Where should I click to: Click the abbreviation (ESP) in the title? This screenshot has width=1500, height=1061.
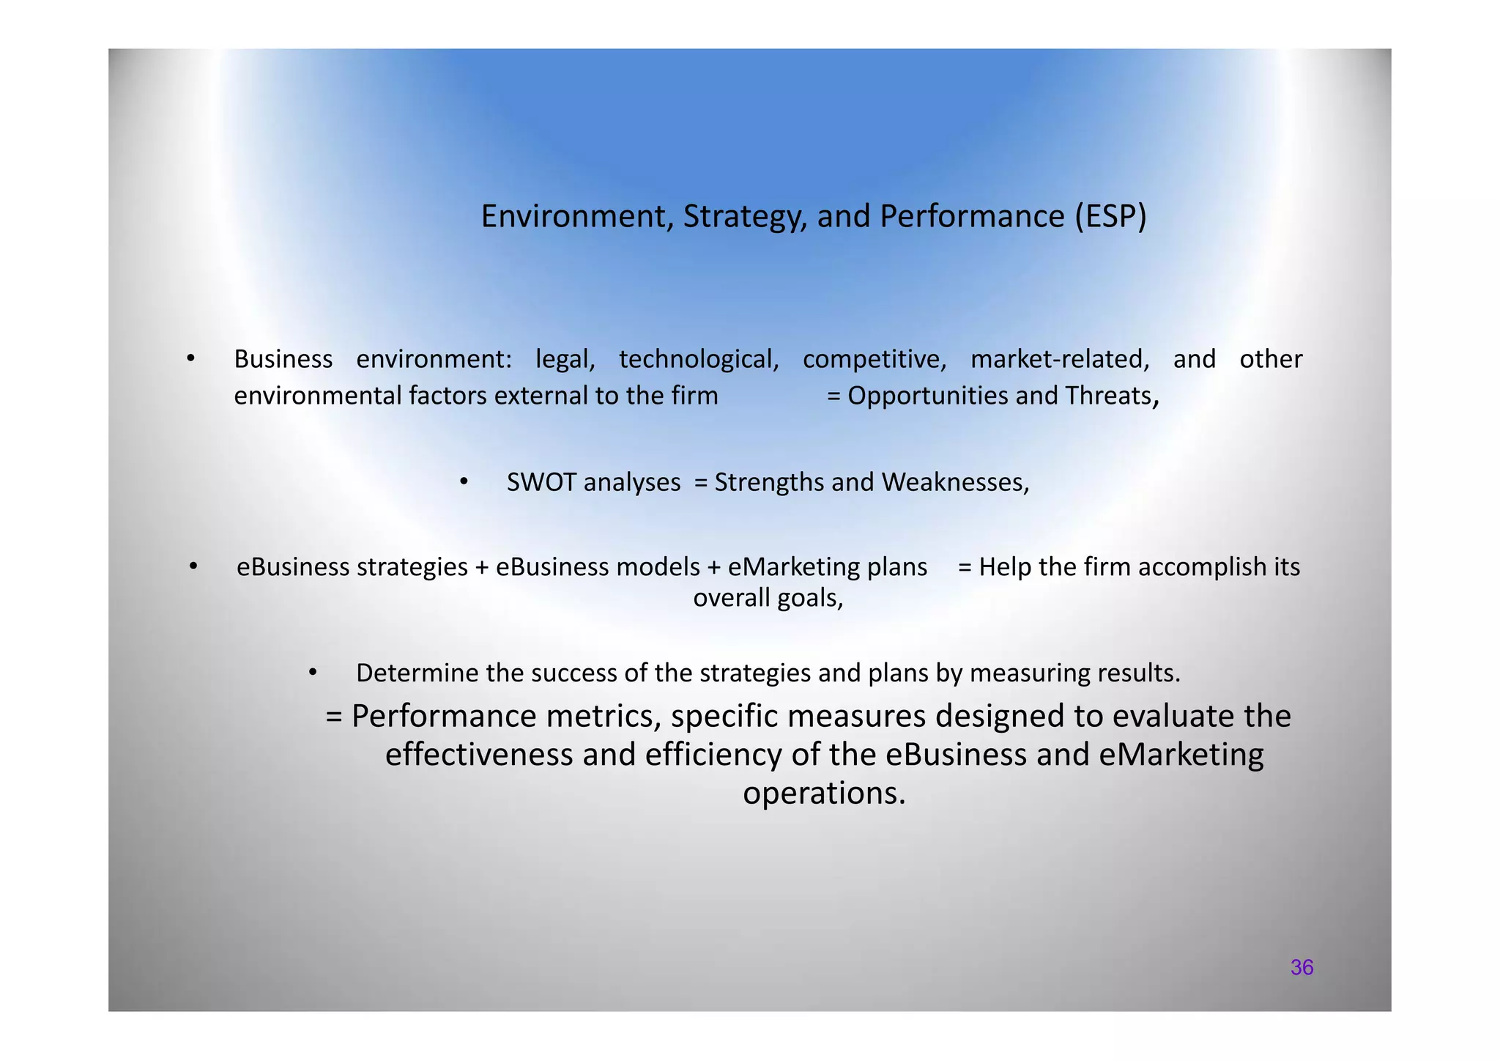1110,217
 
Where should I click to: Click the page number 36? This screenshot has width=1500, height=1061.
1302,968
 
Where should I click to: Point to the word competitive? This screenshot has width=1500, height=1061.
875,359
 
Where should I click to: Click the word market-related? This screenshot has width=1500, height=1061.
1059,359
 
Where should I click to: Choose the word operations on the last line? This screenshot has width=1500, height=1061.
823,794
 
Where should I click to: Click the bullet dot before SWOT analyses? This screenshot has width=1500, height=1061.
464,481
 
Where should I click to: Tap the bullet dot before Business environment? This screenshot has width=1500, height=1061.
190,358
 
